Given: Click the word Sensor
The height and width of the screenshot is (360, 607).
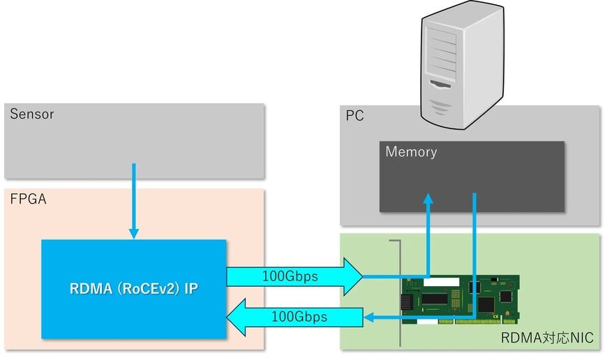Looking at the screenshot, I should (x=31, y=114).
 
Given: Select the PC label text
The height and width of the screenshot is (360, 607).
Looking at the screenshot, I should (x=354, y=116).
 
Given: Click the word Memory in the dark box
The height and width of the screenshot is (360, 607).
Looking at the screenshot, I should (x=411, y=151).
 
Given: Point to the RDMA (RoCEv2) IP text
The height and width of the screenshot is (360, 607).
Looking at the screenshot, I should (x=133, y=288).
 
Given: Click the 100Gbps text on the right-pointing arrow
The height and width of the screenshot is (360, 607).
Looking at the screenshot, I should (x=290, y=276).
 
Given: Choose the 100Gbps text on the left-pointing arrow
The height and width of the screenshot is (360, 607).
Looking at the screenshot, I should (x=299, y=317).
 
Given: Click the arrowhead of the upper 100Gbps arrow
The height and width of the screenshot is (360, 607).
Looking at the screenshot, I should (x=352, y=277).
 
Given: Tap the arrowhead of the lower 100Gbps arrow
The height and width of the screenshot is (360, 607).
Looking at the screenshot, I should (x=239, y=317).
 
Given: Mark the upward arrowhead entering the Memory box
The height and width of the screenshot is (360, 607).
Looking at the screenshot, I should (x=428, y=200).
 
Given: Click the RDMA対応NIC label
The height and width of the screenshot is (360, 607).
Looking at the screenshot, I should (x=547, y=338).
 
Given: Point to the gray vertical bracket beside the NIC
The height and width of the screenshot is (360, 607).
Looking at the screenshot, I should (x=400, y=293).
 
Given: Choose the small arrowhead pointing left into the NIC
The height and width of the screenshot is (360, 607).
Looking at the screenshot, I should (x=370, y=318).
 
